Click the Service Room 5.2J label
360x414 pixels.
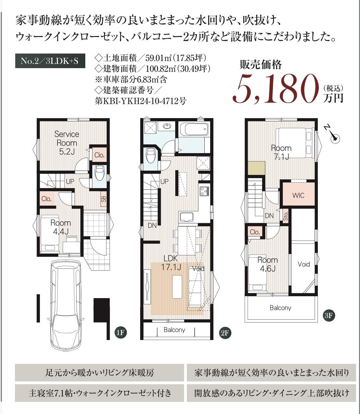[67, 143]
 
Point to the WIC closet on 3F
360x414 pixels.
[298, 195]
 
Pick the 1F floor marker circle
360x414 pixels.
[121, 333]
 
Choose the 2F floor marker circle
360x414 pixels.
[225, 333]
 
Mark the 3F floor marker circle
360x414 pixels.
[329, 315]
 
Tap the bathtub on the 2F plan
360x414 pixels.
[194, 129]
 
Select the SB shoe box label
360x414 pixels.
[103, 199]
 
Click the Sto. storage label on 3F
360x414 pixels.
[286, 216]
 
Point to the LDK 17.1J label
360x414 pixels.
[171, 263]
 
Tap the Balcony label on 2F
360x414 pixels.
[174, 330]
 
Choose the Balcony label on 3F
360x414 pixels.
[280, 308]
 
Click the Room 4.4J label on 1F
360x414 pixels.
[61, 227]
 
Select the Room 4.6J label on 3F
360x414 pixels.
[268, 264]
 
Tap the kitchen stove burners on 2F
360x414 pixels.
[204, 191]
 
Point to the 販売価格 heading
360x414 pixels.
[261, 65]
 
